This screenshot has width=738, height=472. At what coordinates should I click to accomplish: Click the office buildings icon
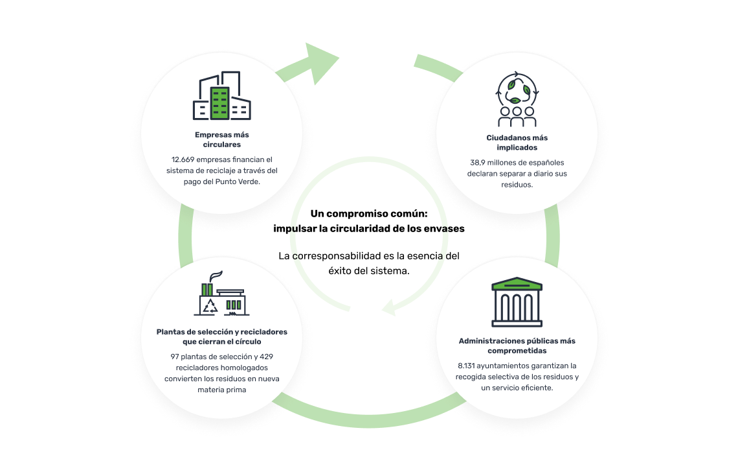[x=221, y=95]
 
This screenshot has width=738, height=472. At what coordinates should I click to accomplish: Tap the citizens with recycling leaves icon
[x=517, y=99]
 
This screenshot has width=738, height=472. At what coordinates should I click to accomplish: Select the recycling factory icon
[x=221, y=293]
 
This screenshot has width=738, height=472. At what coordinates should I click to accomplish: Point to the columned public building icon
[x=517, y=301]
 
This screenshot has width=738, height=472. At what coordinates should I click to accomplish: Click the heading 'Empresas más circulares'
[x=221, y=139]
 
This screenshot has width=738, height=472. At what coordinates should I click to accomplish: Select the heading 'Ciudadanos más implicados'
[x=517, y=143]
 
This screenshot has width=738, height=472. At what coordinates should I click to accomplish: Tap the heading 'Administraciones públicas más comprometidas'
[x=517, y=346]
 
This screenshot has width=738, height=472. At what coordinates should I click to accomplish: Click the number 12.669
[x=183, y=159]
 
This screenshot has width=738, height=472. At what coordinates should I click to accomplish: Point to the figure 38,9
[x=477, y=163]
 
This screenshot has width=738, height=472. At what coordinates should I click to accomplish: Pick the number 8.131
[x=466, y=366]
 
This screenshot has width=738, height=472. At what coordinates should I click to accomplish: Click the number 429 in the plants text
[x=267, y=357]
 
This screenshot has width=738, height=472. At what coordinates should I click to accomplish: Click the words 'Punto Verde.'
[x=238, y=182]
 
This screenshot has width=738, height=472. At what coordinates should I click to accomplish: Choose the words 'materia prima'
[x=221, y=390]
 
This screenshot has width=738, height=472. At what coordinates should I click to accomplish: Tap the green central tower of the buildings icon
[x=220, y=103]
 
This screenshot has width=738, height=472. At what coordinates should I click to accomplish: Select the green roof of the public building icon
[x=517, y=283]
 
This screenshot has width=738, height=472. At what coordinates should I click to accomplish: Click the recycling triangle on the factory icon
[x=210, y=307]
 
